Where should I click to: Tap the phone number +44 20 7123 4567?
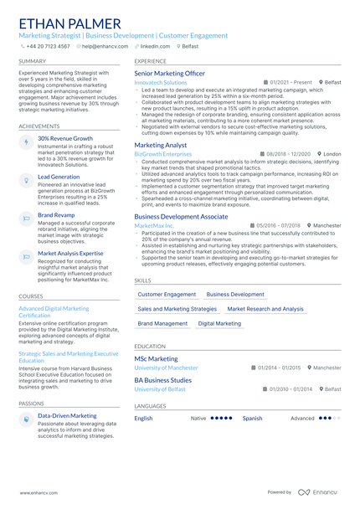[x=49, y=47]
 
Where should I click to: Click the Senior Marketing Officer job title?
[x=169, y=74]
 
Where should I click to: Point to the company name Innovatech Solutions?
[x=161, y=83]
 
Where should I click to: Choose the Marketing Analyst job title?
[x=160, y=145]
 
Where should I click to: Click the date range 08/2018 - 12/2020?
[x=289, y=154]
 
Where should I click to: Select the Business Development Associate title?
[x=181, y=216]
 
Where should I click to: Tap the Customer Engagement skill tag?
[x=167, y=295]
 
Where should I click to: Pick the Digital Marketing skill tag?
[x=219, y=323]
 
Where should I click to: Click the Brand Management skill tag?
[x=162, y=323]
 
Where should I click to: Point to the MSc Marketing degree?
[x=156, y=358]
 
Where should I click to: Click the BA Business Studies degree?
[x=162, y=380]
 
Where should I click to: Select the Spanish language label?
[x=252, y=418]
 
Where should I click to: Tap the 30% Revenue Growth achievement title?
[x=65, y=139]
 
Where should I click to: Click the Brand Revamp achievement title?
[x=56, y=215]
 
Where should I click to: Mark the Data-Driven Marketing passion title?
[x=67, y=415]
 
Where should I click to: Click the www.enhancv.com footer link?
[x=39, y=492]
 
